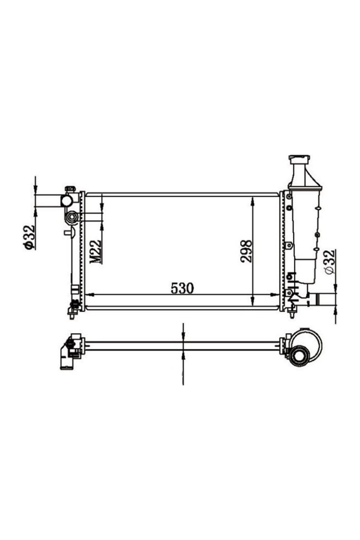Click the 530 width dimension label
pos(182,288)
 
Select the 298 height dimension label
pos(246,251)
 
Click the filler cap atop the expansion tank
pos(299,159)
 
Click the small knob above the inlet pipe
pos(70,189)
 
